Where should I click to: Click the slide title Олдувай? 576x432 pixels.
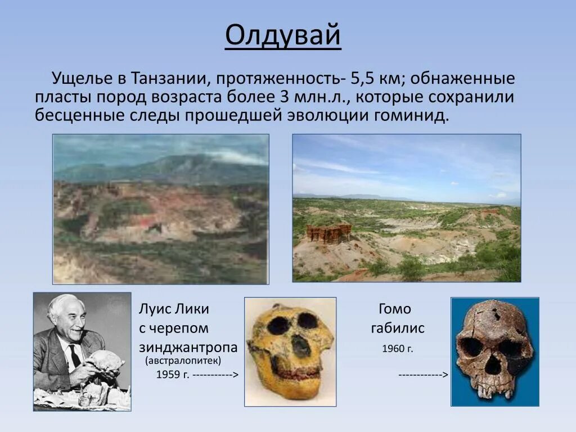(283, 36)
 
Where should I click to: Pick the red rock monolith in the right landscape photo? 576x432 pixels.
(329, 232)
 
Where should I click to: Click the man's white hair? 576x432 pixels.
(65, 304)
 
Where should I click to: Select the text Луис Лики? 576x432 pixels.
(174, 309)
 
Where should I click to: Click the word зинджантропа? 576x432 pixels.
(188, 347)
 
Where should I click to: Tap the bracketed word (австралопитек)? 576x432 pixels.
(183, 361)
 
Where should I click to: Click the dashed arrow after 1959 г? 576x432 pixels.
(217, 375)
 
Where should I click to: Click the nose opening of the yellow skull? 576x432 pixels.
(300, 345)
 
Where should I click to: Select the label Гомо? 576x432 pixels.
(395, 309)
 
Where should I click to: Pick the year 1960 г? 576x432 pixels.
(397, 349)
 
